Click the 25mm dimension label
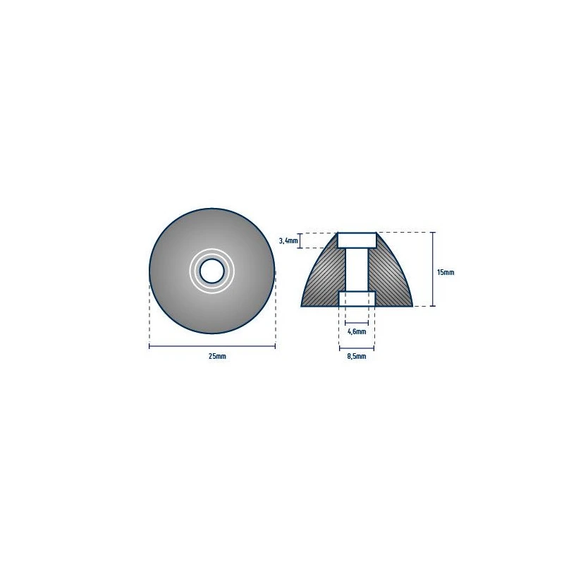pyautogui.click(x=217, y=357)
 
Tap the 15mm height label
pyautogui.click(x=446, y=272)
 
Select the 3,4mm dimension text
pyautogui.click(x=288, y=240)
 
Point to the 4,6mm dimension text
pyautogui.click(x=357, y=331)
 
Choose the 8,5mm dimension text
pyautogui.click(x=357, y=357)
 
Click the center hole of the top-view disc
pyautogui.click(x=211, y=270)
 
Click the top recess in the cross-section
pyautogui.click(x=357, y=240)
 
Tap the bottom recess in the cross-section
pyautogui.click(x=357, y=299)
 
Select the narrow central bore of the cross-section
pyautogui.click(x=357, y=269)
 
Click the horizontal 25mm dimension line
pyautogui.click(x=211, y=345)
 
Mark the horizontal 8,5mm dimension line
pyautogui.click(x=357, y=347)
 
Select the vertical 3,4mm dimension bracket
pyautogui.click(x=301, y=240)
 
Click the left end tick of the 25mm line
pyautogui.click(x=149, y=345)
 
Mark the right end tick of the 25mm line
pyautogui.click(x=275, y=345)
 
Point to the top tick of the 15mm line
pyautogui.click(x=433, y=232)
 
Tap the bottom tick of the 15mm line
pyautogui.click(x=433, y=306)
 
